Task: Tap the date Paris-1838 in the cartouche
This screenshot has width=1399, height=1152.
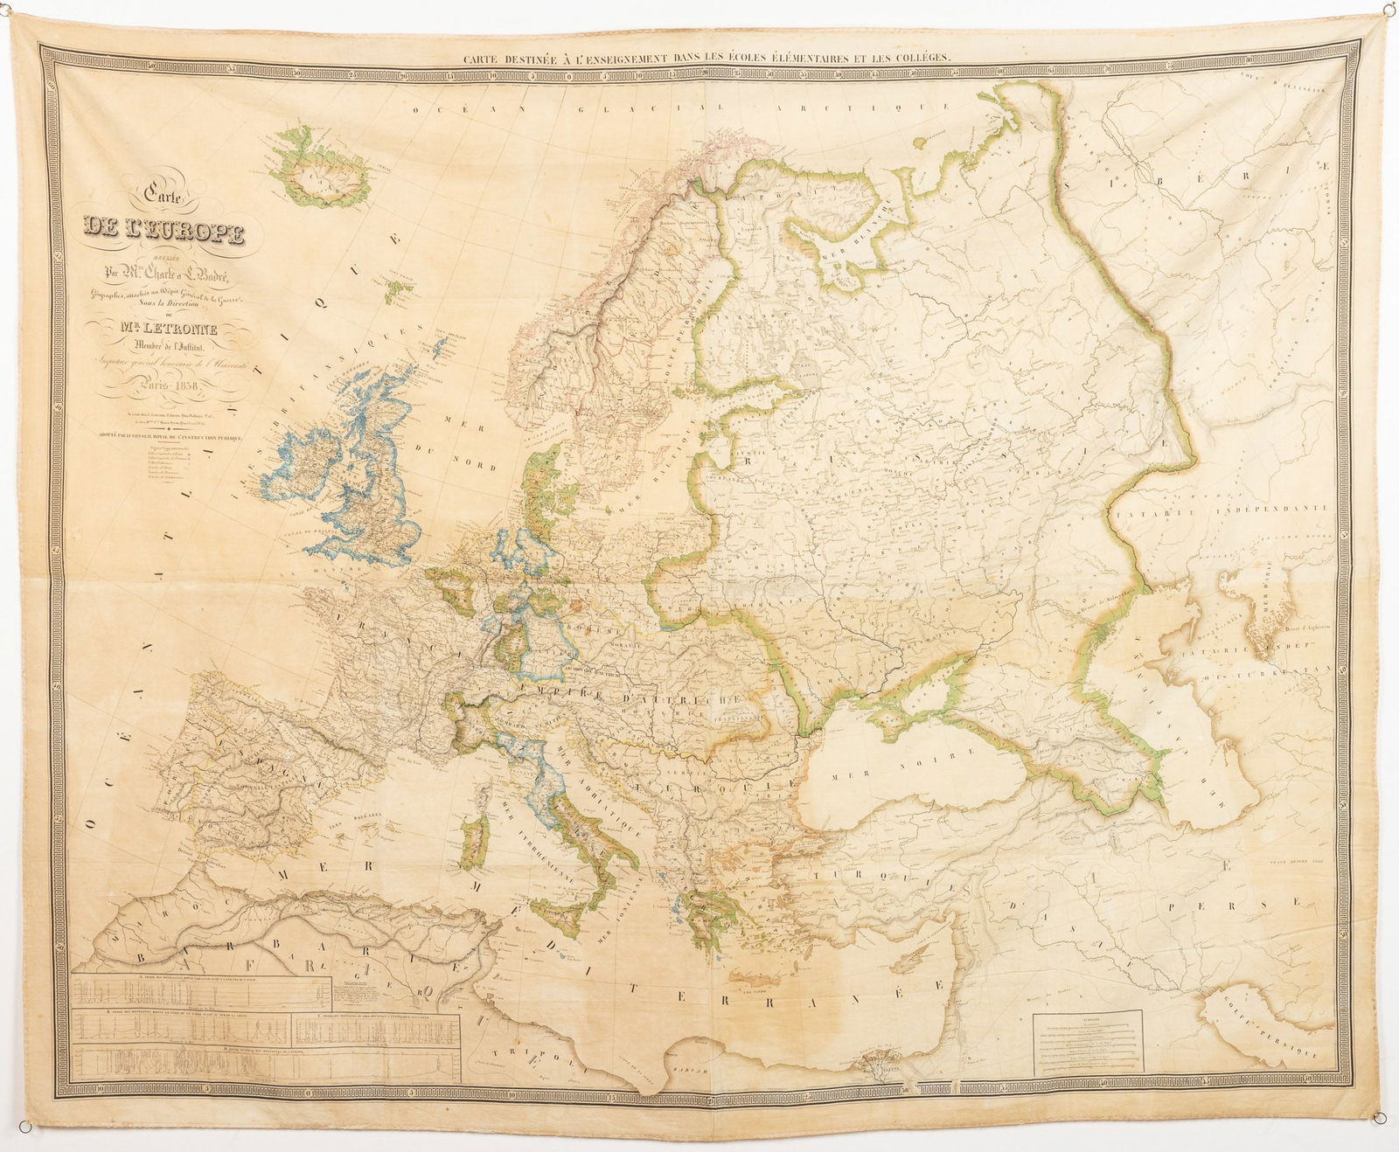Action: click(164, 389)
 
